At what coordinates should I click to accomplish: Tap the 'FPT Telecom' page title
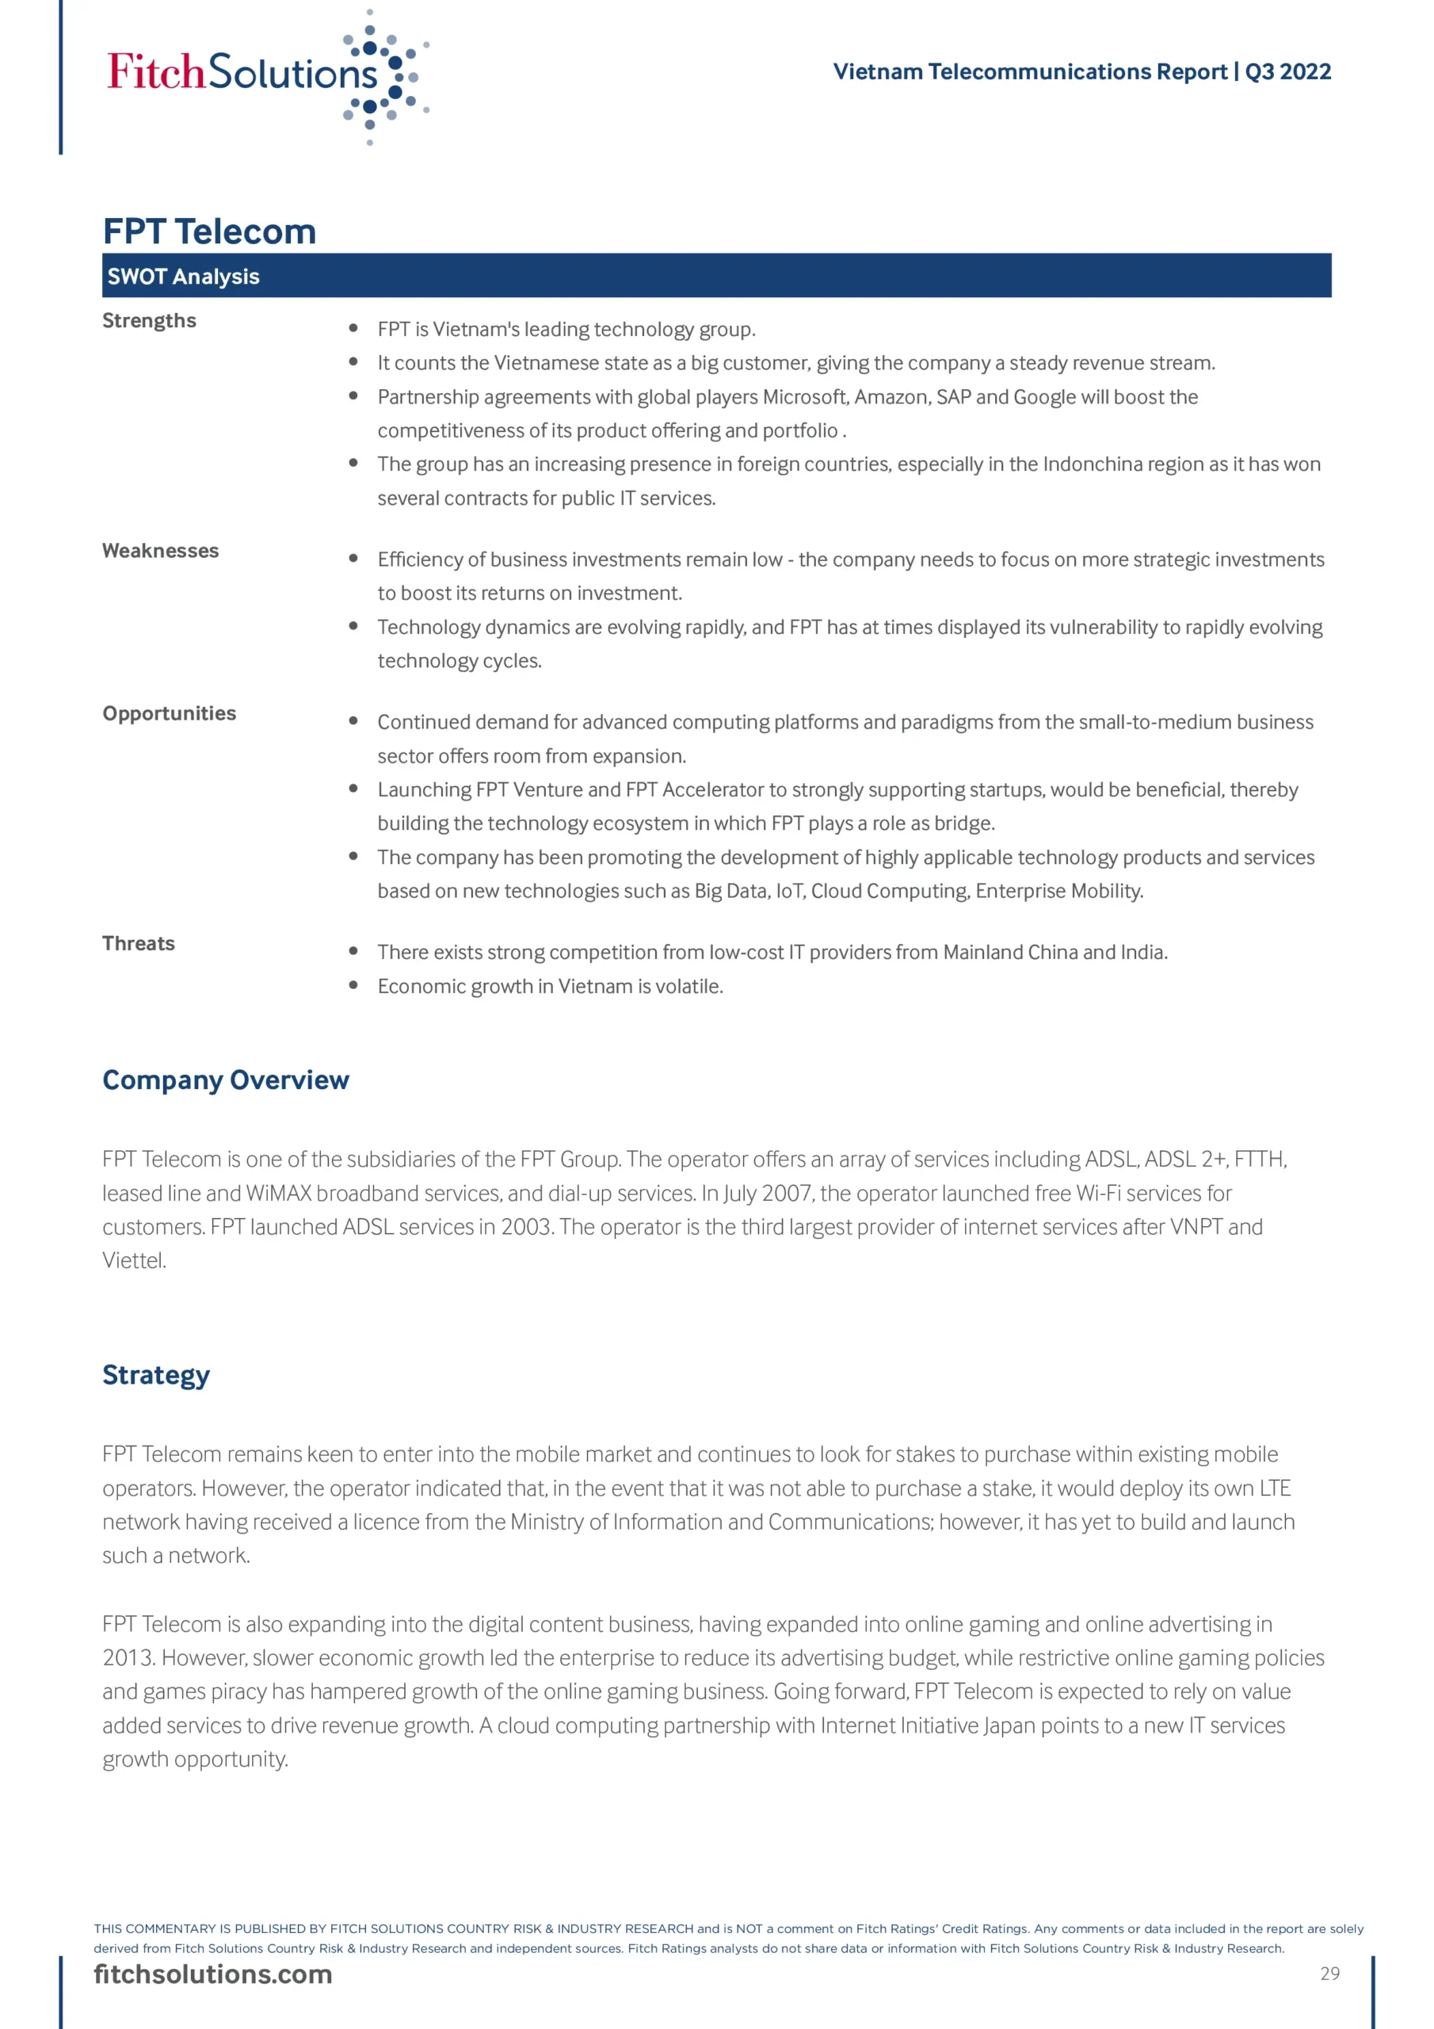click(x=209, y=231)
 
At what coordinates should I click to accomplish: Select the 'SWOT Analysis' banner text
click(x=184, y=277)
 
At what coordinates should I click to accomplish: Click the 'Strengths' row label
click(x=149, y=320)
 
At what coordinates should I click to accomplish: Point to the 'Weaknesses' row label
click(x=161, y=551)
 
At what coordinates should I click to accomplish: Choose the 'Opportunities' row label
click(x=170, y=713)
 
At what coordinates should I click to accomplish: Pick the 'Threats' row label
click(x=139, y=943)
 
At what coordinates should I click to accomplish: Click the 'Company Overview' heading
click(x=225, y=1080)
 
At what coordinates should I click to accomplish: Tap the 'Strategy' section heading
click(x=156, y=1375)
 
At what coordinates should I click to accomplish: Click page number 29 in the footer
click(x=1329, y=1974)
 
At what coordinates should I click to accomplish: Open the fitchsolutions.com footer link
click(x=213, y=1974)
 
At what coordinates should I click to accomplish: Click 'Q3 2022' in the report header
click(x=1287, y=71)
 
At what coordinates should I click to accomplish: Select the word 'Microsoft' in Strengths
click(x=806, y=397)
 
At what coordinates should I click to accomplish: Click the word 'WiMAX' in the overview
click(x=278, y=1193)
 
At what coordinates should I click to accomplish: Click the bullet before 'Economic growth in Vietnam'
click(x=353, y=984)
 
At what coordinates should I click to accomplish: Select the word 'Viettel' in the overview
click(x=132, y=1260)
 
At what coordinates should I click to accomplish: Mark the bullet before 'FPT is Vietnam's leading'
click(x=353, y=328)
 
